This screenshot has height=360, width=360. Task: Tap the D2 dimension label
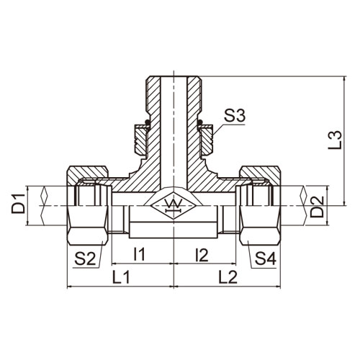click(317, 207)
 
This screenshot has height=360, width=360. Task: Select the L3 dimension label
click(335, 140)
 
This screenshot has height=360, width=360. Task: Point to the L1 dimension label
click(121, 276)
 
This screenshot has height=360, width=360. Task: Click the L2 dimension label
click(228, 276)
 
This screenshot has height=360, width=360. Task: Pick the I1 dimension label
click(139, 254)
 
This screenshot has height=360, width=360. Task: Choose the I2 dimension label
click(202, 255)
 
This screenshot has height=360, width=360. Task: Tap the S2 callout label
click(85, 258)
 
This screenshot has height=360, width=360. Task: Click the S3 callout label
click(235, 116)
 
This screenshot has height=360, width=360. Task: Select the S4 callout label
click(266, 258)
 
